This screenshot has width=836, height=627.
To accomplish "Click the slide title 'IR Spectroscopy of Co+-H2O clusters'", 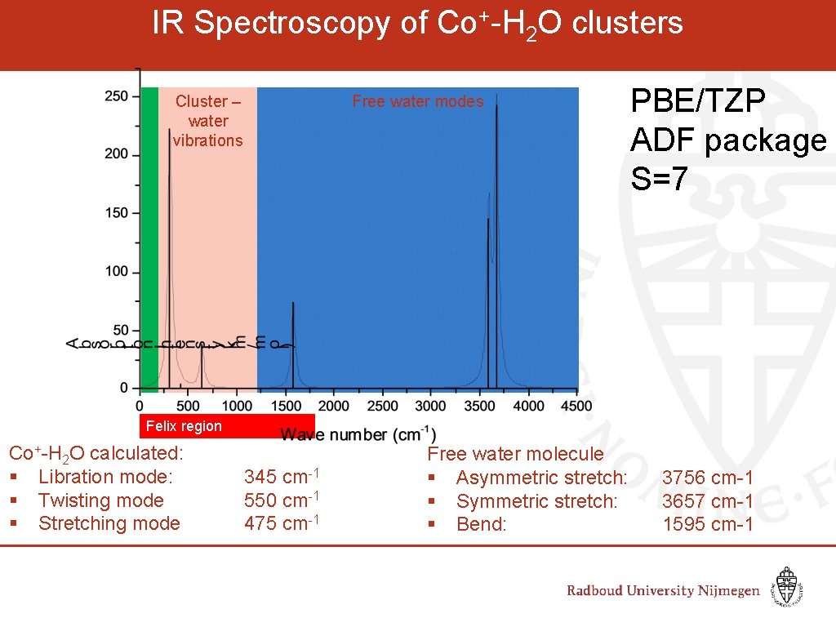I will coord(417,24).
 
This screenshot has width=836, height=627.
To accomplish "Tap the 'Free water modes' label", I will coord(417,102).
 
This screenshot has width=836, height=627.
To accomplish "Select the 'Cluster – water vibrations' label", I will coord(208,121).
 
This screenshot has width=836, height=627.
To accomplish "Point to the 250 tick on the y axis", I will coord(117,96).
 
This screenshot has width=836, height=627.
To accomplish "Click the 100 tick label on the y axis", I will coord(117,271).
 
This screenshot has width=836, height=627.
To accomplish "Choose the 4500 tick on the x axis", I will coord(577,406).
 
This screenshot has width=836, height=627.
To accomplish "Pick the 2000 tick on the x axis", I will coord(333,406).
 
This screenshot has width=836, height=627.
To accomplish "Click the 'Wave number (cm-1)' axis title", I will coord(358,434).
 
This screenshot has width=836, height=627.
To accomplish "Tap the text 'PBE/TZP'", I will coord(698,102).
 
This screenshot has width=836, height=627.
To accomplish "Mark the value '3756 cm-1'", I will coord(707,478).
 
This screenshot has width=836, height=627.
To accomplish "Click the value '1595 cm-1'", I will coord(707,524).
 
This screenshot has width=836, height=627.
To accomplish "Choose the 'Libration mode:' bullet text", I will coord(105,477).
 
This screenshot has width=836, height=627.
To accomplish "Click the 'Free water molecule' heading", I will coord(515,454).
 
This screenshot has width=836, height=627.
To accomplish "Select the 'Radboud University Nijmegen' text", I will coord(663,591).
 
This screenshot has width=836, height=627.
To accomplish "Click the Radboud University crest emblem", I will coord(786,586).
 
